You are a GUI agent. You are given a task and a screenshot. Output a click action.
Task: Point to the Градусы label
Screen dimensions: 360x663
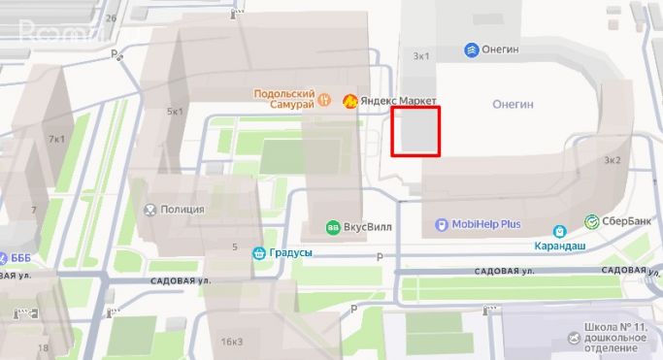(x=289, y=253)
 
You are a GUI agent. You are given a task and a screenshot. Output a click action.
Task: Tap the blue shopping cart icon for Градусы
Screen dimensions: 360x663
(x=259, y=253)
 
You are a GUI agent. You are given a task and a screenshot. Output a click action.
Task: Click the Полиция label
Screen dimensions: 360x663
(x=183, y=209)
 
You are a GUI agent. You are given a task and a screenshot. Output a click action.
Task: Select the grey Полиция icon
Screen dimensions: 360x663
(x=150, y=209)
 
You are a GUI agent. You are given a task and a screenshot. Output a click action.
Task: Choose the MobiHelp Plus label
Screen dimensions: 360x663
(x=486, y=224)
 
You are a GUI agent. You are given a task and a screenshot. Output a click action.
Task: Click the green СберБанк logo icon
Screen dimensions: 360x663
(x=590, y=221)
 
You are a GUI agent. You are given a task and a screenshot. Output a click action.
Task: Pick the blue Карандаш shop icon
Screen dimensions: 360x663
(x=559, y=231)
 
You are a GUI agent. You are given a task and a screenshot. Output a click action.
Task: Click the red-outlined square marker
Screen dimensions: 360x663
(x=415, y=132)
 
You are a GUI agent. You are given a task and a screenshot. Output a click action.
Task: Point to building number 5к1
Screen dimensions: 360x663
(x=175, y=112)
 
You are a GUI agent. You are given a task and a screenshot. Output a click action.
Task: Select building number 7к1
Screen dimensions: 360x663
(x=56, y=139)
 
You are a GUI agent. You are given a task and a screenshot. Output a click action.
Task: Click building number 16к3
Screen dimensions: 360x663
(x=231, y=341)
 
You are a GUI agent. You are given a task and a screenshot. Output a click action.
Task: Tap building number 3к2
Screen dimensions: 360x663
(x=612, y=160)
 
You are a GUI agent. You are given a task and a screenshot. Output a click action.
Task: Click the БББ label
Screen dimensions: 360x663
(x=19, y=258)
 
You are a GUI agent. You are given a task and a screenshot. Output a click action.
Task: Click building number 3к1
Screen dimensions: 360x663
(x=421, y=56)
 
